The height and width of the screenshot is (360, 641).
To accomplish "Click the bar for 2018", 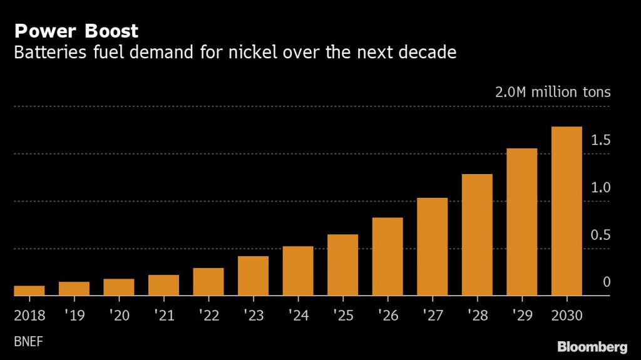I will point(29,291).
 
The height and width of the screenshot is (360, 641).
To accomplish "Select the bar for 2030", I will point(567,211).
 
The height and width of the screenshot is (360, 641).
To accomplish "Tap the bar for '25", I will point(343,265).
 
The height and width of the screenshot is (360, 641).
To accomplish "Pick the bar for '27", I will point(433,247).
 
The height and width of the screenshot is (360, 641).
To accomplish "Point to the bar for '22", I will point(208,282).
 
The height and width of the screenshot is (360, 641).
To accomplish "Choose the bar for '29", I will point(522,222).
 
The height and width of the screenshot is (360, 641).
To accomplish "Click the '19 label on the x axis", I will point(74,315).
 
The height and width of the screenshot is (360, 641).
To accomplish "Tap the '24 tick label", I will point(298,315).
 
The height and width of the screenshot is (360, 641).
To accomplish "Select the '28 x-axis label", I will point(477,315).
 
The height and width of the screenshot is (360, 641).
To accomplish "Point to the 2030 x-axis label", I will point(567,315).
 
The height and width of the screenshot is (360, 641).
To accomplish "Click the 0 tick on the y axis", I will point(606,282).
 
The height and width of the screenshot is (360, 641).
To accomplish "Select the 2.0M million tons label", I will point(552,93).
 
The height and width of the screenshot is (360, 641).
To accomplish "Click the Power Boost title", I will point(76,31).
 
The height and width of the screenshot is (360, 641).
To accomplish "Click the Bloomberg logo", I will point(592,346).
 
